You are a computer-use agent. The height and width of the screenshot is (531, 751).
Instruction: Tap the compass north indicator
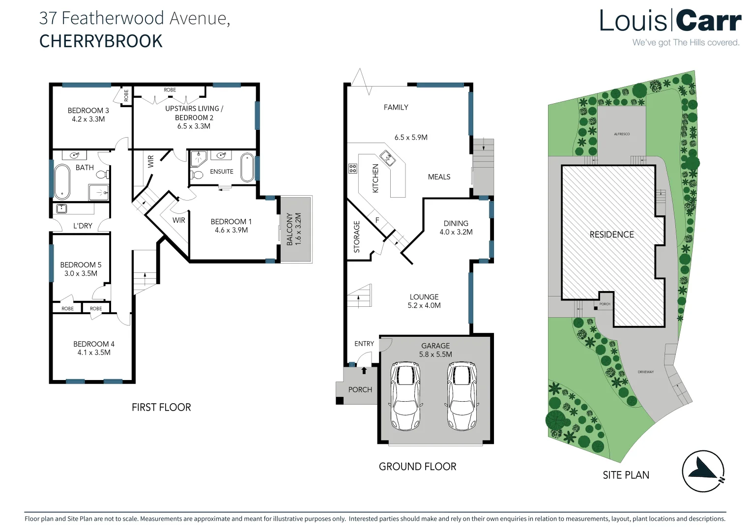click(x=703, y=472)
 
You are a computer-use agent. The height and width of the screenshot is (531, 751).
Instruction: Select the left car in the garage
click(x=405, y=396)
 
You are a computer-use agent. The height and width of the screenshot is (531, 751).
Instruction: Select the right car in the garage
click(x=462, y=396)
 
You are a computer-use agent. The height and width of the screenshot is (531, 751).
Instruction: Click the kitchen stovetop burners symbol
click(x=352, y=169)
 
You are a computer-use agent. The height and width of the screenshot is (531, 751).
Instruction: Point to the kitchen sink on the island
click(x=388, y=158)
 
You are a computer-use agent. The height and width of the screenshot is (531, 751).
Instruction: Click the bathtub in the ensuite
click(x=247, y=168)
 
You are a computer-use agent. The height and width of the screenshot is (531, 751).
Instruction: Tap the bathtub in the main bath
click(x=61, y=180)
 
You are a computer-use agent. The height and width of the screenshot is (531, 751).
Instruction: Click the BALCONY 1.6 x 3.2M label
click(x=294, y=229)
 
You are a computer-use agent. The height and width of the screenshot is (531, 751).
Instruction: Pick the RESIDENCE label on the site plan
click(x=611, y=235)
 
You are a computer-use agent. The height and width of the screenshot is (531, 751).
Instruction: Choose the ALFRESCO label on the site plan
click(x=621, y=134)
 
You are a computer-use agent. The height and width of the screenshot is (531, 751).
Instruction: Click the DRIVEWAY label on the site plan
click(x=645, y=372)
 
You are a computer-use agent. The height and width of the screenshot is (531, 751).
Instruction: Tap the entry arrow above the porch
click(x=364, y=370)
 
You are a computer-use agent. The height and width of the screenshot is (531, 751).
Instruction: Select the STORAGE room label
click(x=357, y=236)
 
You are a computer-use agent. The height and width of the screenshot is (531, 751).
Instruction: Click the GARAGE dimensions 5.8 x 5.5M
click(x=435, y=354)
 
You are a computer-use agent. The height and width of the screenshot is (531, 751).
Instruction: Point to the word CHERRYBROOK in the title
click(x=101, y=41)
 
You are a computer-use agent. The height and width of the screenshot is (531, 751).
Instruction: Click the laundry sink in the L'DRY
click(x=61, y=208)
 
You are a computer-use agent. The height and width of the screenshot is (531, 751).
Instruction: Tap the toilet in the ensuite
click(x=197, y=175)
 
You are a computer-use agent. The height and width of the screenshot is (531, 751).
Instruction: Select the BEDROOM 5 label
click(x=81, y=265)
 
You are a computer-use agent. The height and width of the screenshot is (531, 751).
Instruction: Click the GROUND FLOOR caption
click(x=417, y=466)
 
